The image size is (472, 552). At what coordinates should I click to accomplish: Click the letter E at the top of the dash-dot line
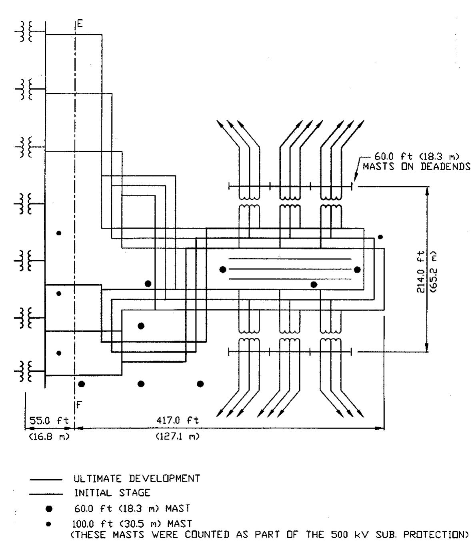coord(80,24)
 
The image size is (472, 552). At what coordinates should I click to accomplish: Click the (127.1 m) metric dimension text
coord(177,436)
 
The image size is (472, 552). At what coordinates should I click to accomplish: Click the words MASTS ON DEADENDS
coord(416,167)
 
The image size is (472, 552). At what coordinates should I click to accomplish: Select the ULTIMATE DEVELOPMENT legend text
coord(136,478)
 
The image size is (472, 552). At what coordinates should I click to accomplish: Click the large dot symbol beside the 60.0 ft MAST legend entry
coord(49,509)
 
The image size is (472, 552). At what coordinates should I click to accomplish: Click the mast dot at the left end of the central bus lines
coord(223,269)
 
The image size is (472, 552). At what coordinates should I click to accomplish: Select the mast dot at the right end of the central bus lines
coord(357,269)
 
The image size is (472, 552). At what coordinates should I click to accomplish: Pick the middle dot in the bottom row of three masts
coord(141,384)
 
